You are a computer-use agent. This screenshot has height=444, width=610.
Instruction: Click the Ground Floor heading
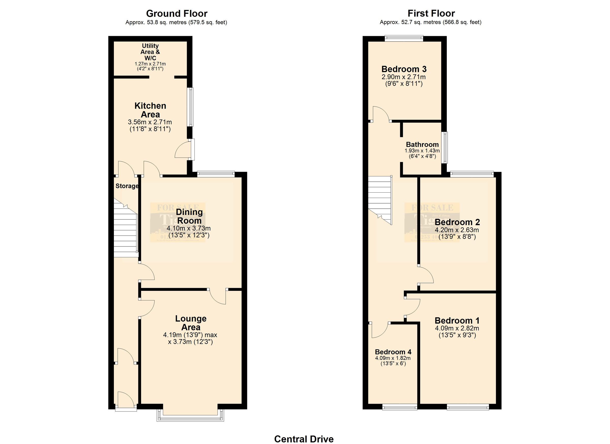(x=176, y=13)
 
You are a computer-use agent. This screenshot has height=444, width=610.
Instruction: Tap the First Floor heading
(x=431, y=13)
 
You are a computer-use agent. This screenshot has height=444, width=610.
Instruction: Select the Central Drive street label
(x=304, y=439)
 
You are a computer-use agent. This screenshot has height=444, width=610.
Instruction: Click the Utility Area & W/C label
(x=150, y=52)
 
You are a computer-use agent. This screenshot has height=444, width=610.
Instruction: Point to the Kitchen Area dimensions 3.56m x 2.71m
(x=150, y=122)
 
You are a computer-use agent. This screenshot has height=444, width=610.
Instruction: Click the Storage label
(x=127, y=186)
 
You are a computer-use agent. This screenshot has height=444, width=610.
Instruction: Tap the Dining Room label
(x=189, y=216)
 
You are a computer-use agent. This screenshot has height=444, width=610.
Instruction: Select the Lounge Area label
(x=191, y=323)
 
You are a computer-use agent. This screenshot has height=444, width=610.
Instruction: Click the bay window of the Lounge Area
(x=190, y=418)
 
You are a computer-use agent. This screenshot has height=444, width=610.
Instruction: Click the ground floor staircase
(x=125, y=232)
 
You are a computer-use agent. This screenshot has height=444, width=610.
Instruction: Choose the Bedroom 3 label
(x=404, y=69)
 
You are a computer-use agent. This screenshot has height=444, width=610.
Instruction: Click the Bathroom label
(x=422, y=145)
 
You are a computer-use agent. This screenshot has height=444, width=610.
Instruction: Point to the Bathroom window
(x=446, y=147)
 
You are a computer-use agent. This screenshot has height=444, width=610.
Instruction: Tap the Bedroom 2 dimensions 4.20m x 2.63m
(x=457, y=230)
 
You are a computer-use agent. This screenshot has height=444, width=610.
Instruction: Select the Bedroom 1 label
(x=457, y=320)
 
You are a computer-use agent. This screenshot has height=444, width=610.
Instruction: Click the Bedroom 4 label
(x=393, y=352)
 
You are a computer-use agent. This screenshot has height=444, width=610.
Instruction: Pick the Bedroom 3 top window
(x=404, y=38)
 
